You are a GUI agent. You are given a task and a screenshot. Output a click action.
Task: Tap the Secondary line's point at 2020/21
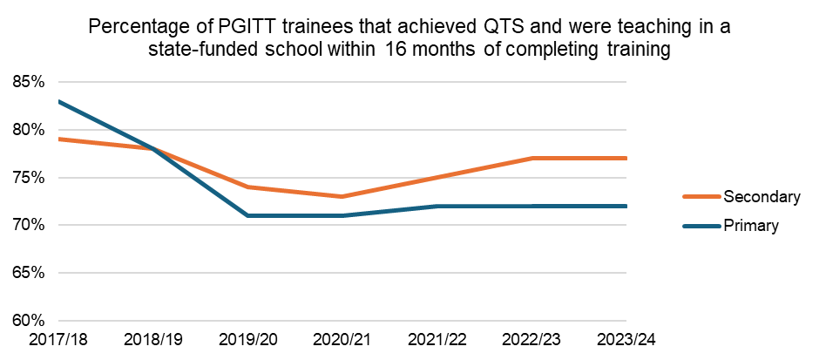pyautogui.click(x=342, y=196)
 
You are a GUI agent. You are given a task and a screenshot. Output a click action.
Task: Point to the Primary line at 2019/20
pyautogui.click(x=247, y=215)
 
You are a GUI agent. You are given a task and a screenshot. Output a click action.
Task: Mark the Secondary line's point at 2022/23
pyautogui.click(x=532, y=159)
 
